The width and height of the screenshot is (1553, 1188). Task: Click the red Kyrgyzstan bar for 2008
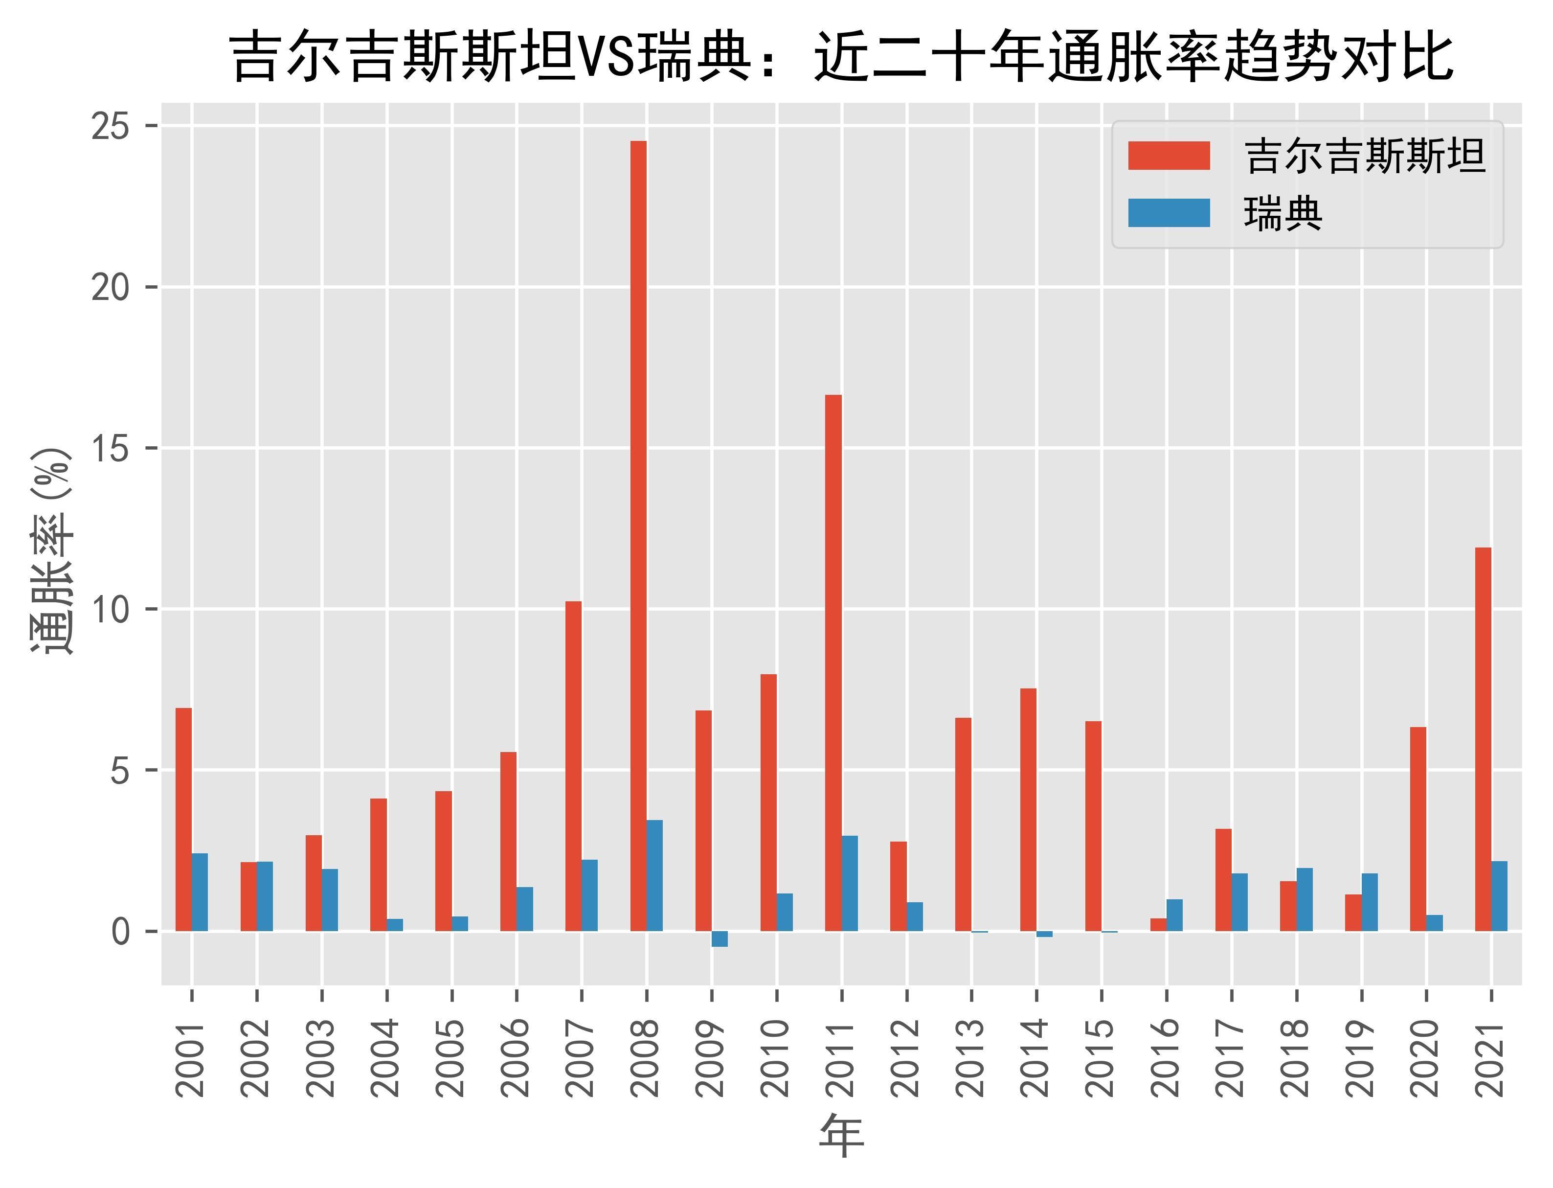pyautogui.click(x=638, y=535)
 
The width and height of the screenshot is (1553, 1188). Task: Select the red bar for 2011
pyautogui.click(x=833, y=663)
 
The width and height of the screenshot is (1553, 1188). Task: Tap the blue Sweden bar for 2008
pyautogui.click(x=654, y=875)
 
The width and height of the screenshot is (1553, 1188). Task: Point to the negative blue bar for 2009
pyautogui.click(x=720, y=938)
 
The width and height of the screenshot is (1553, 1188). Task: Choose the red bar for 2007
pyautogui.click(x=573, y=766)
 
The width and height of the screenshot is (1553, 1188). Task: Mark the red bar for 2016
pyautogui.click(x=1158, y=924)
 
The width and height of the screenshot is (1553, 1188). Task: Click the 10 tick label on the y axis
pyautogui.click(x=111, y=609)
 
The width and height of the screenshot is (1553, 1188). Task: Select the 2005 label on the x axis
pyautogui.click(x=450, y=1058)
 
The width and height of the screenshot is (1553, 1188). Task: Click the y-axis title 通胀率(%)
pyautogui.click(x=51, y=551)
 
